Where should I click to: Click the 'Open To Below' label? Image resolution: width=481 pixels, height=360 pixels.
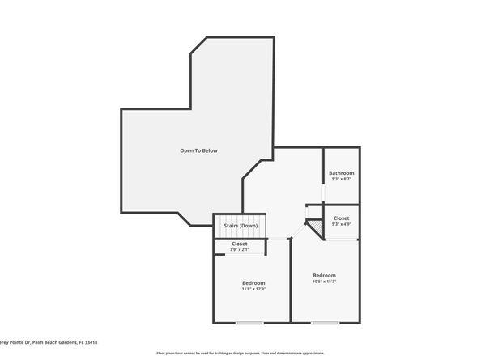(198, 150)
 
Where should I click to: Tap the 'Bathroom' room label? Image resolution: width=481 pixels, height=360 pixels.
(341, 173)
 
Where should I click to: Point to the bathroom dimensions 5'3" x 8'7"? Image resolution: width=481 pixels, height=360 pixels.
(341, 180)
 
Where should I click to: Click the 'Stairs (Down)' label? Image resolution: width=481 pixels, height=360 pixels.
(240, 225)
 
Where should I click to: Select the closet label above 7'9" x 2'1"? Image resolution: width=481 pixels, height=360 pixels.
(240, 244)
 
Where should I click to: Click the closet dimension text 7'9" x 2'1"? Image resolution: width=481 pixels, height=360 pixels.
(240, 250)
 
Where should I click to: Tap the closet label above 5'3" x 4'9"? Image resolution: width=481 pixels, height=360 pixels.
(341, 218)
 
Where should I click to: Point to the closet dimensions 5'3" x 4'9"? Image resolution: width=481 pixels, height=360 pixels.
(341, 224)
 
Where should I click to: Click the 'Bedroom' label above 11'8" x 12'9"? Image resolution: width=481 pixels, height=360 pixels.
(253, 282)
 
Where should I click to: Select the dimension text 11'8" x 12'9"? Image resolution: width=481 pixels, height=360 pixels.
(253, 289)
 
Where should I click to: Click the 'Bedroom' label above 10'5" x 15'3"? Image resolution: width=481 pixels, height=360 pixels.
(324, 274)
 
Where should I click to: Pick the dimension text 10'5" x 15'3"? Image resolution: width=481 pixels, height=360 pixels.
(324, 282)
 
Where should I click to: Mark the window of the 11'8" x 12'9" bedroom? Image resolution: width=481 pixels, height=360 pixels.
(250, 323)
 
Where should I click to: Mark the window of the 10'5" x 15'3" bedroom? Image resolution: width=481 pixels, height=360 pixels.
(325, 323)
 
